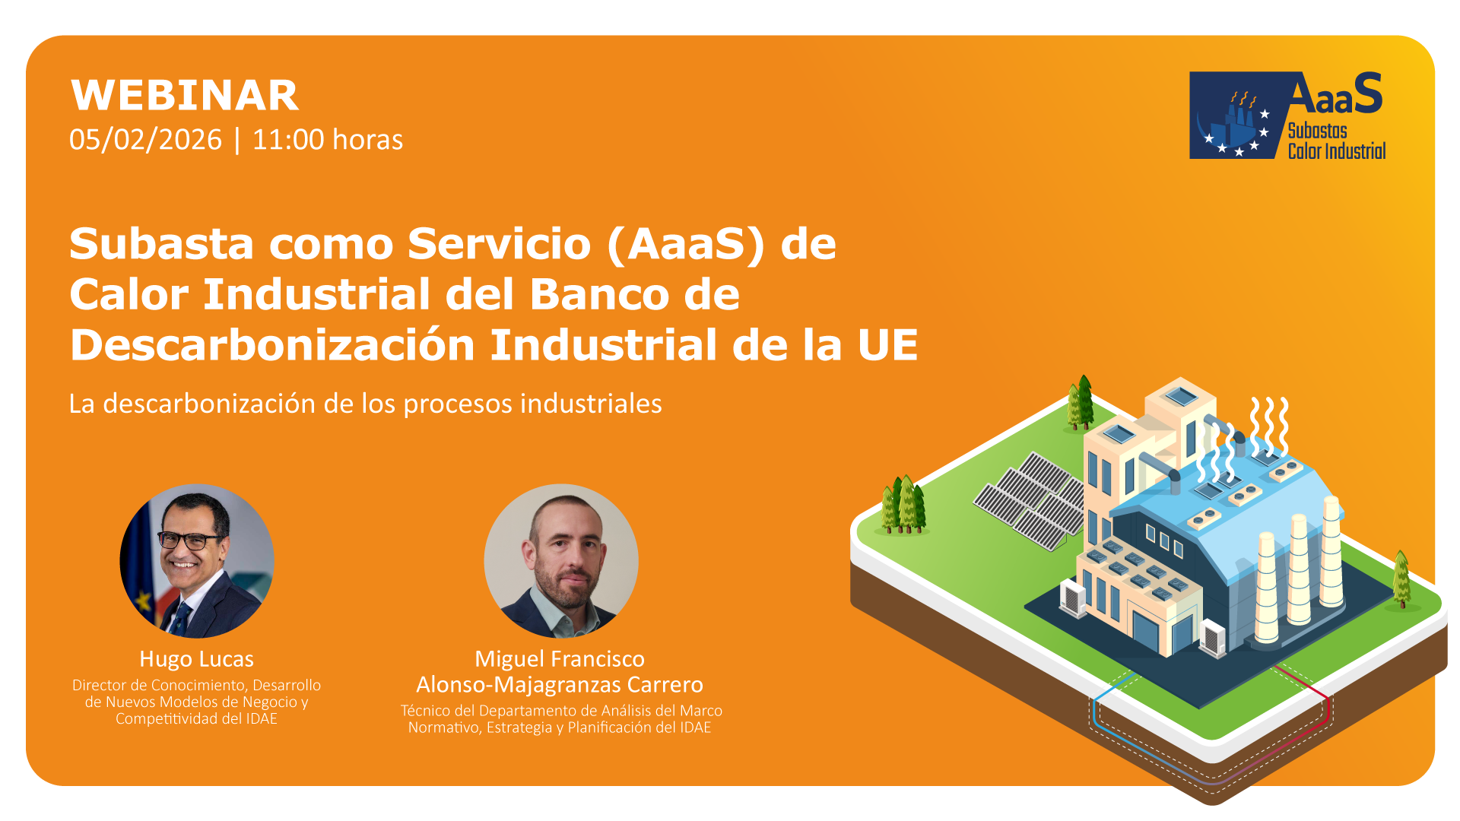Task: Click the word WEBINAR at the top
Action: (185, 96)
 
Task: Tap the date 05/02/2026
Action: (145, 140)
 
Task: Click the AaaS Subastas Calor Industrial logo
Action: (1287, 116)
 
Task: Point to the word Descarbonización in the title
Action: (272, 345)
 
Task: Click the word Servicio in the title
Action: (500, 244)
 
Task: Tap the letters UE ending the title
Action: (888, 345)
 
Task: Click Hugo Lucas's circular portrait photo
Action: (197, 561)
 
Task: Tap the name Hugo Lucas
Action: (196, 659)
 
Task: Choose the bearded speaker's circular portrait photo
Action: (561, 561)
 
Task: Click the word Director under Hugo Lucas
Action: (100, 685)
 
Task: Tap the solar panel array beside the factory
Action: (1030, 500)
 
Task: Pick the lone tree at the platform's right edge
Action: (1401, 579)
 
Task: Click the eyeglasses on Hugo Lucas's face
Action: (190, 540)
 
